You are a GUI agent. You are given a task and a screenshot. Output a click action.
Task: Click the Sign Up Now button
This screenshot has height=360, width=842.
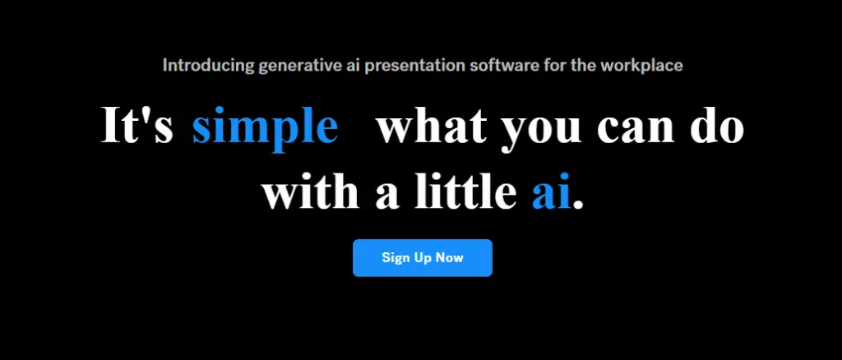[x=423, y=258]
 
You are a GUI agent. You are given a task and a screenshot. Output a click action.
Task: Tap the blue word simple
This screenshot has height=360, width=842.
[x=266, y=127]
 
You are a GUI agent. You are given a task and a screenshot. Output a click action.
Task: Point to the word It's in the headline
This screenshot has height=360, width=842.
[x=137, y=126]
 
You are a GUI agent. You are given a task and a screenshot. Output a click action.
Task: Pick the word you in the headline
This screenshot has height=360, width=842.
[x=541, y=132]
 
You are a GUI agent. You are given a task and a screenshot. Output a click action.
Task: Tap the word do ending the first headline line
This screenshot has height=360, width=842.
[x=717, y=126]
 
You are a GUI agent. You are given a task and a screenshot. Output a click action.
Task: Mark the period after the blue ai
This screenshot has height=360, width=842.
[x=578, y=205]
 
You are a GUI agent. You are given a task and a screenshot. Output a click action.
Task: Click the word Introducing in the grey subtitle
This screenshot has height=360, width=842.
[x=208, y=66]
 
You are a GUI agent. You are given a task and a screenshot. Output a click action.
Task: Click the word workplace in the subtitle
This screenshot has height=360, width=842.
[x=641, y=67]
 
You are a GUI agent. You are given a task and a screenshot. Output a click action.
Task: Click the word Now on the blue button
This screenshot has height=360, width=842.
[x=450, y=258]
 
